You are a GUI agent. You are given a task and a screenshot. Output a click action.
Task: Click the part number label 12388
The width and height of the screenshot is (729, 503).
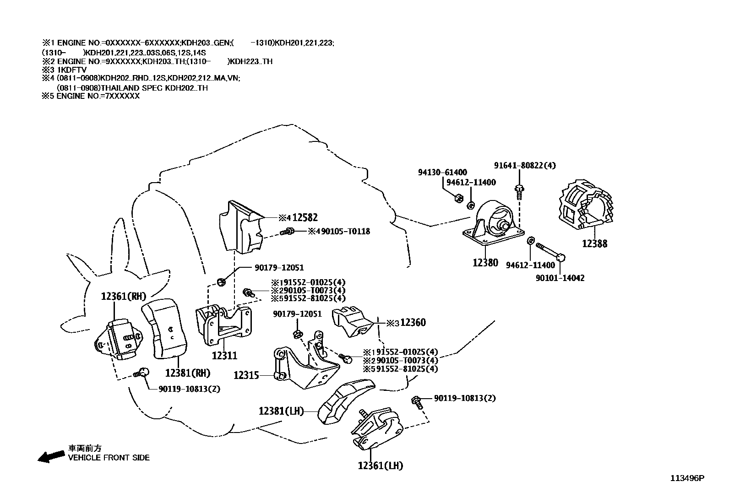click(594, 244)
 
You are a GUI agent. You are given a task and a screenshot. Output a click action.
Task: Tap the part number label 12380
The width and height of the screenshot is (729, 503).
click(485, 263)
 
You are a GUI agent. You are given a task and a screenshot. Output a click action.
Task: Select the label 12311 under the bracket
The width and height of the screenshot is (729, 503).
click(224, 355)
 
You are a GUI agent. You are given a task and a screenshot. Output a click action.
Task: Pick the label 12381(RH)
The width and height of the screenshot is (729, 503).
click(187, 373)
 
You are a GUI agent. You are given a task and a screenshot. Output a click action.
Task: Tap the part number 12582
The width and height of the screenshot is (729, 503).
click(305, 218)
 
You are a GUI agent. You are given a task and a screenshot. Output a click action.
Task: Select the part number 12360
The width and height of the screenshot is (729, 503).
click(413, 323)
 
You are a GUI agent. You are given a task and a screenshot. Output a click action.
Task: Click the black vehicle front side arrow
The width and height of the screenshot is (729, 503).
click(51, 456)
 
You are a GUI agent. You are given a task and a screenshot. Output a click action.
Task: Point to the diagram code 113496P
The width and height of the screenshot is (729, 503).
click(687, 478)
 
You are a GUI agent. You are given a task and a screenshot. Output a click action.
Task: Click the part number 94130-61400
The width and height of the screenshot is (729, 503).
click(442, 173)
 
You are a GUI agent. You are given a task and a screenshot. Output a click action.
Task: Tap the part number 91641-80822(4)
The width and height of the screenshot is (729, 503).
click(525, 166)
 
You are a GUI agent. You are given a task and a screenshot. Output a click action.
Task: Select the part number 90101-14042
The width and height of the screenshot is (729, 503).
click(560, 278)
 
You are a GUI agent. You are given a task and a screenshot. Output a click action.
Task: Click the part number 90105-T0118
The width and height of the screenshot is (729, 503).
click(345, 232)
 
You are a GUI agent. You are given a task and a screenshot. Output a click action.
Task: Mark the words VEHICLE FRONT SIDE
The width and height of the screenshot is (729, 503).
click(109, 458)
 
